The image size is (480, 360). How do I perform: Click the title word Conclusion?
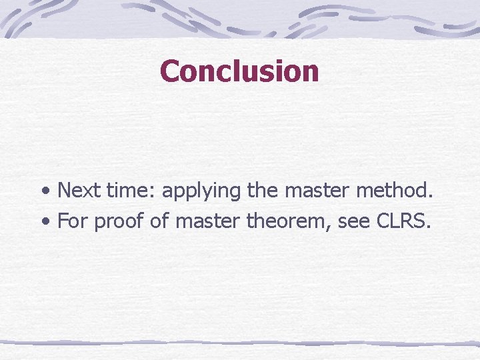click(x=239, y=71)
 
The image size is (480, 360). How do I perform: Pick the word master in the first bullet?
click(x=317, y=191)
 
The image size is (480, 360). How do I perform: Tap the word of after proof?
click(x=159, y=221)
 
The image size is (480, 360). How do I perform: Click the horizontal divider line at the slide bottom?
click(x=240, y=343)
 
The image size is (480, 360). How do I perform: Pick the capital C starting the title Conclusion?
click(x=170, y=71)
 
